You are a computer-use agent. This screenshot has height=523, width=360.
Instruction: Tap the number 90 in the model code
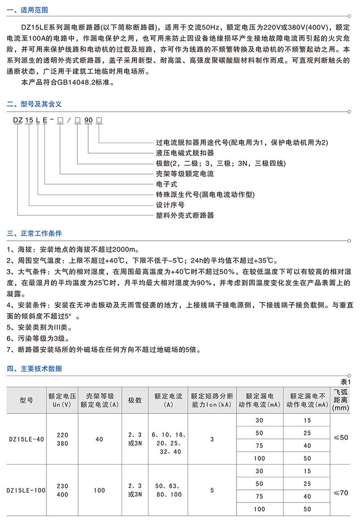click(88, 120)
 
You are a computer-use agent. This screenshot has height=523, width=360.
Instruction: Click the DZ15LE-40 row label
click(26, 439)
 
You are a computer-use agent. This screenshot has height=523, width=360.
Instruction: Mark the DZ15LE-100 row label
click(27, 490)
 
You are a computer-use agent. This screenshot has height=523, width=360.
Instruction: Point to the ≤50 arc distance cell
click(341, 438)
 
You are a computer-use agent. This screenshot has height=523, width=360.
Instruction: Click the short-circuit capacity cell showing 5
click(212, 490)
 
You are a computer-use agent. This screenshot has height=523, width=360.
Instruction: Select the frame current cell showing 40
click(99, 439)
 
